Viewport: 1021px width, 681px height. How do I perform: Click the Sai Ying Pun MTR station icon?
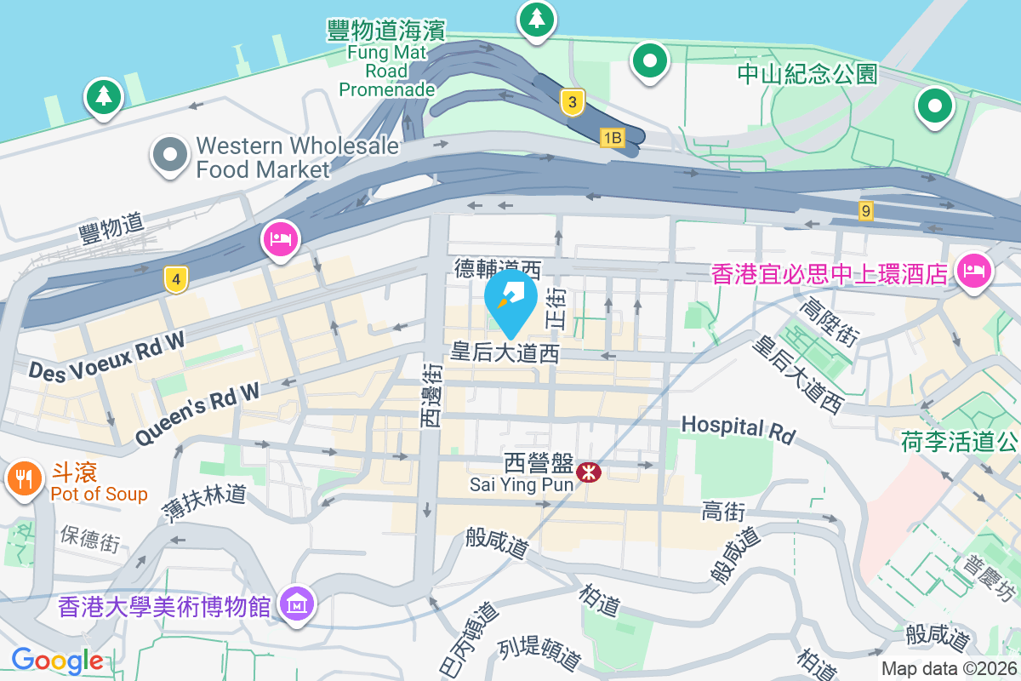pos(587,471)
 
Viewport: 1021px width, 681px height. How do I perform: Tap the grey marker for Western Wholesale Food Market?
pos(170,156)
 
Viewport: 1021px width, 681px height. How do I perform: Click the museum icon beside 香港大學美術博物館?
pos(298,604)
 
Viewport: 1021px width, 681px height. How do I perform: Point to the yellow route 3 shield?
pos(573,103)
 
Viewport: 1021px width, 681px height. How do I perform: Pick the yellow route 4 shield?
pos(175,278)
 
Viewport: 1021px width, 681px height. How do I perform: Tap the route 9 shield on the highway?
pos(866,210)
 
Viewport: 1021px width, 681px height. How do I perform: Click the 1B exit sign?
pos(612,137)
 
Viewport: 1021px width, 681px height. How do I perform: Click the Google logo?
pos(57,661)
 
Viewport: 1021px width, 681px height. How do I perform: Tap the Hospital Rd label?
pos(738,428)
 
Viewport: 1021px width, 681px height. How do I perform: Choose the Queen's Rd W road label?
pos(197,413)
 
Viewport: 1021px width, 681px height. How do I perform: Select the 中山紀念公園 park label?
pos(807,74)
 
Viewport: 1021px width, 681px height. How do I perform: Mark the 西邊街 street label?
pos(433,394)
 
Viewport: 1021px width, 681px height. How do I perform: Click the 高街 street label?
pos(723,512)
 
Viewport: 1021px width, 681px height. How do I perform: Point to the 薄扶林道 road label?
pos(204,502)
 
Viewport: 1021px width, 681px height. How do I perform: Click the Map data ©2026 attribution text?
pos(949,669)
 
